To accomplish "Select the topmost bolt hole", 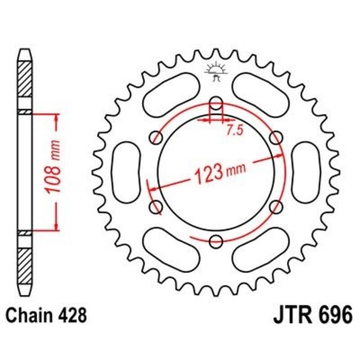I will click(x=216, y=102).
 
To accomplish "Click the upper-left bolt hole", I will click(x=157, y=137).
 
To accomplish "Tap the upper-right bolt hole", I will click(x=276, y=137).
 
